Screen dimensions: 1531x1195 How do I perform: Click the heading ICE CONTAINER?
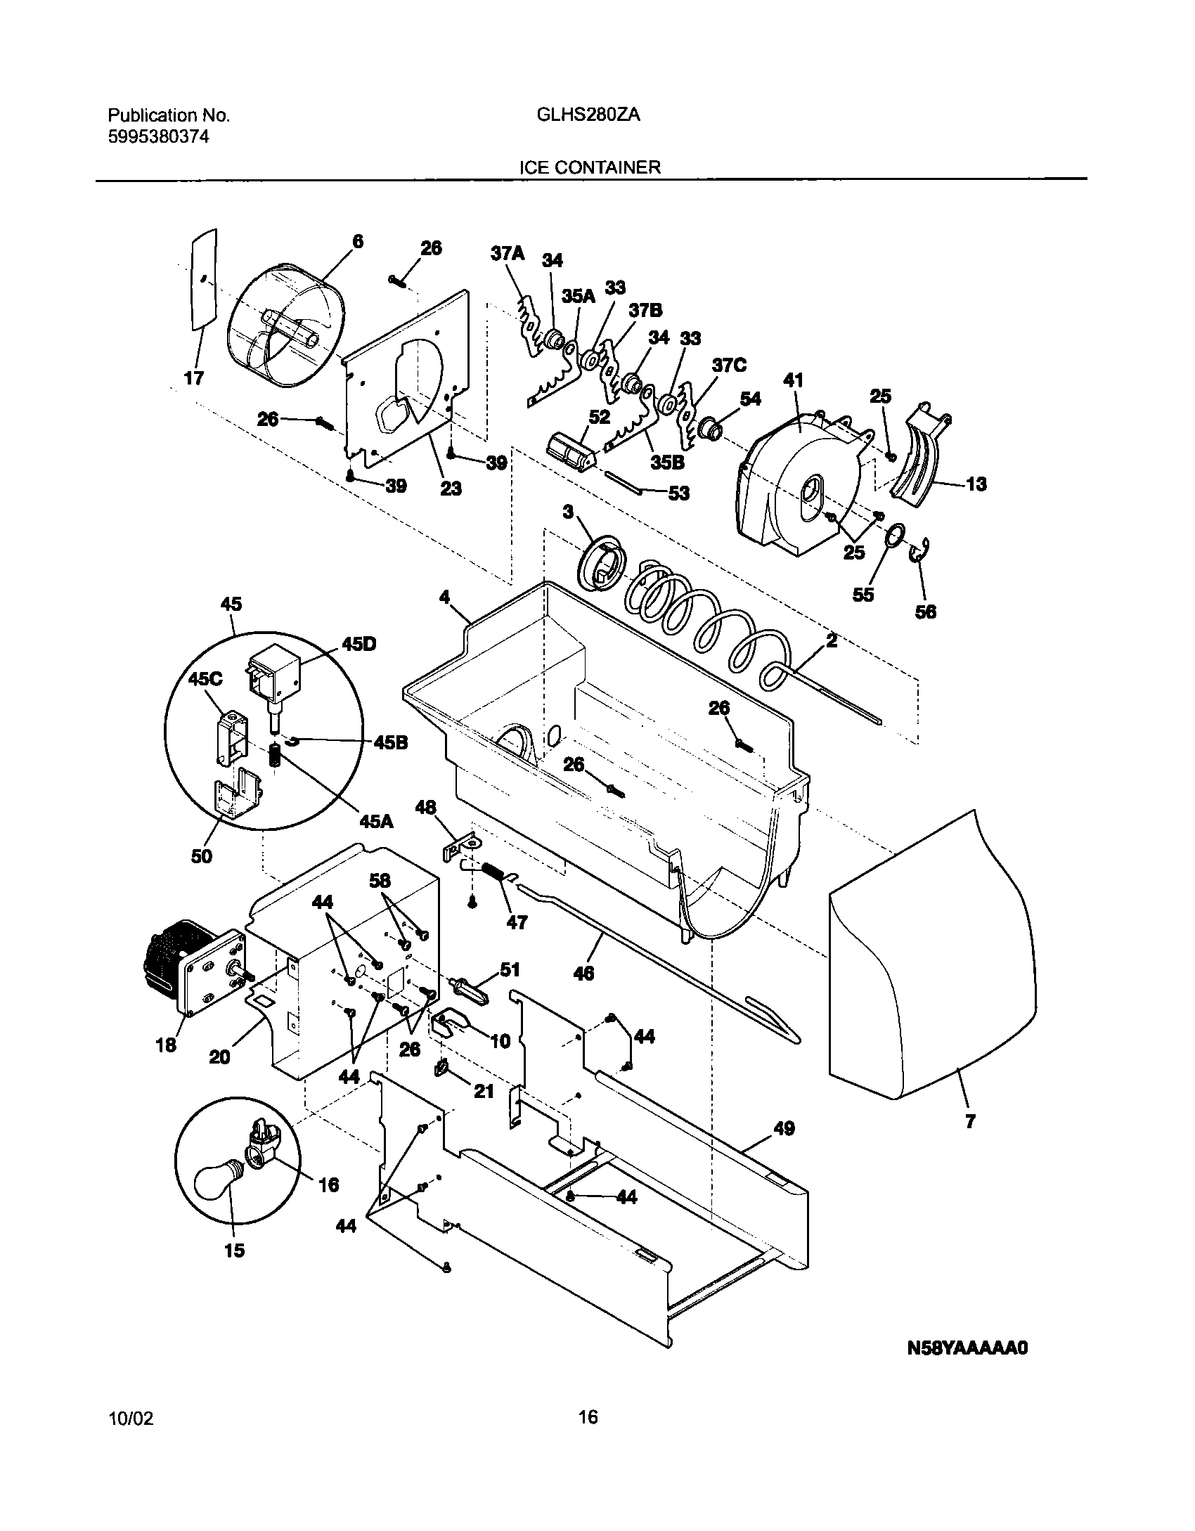(590, 167)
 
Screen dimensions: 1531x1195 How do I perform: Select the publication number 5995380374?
(158, 137)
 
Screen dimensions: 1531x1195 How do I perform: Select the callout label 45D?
(358, 645)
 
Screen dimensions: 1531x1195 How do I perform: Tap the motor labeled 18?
(190, 967)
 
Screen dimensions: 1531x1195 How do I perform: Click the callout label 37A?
(508, 254)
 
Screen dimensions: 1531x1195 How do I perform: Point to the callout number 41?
(793, 380)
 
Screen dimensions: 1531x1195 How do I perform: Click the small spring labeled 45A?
(276, 756)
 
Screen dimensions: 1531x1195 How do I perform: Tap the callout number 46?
(583, 973)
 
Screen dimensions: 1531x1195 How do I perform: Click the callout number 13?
(976, 484)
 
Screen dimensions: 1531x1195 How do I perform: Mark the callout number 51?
(510, 970)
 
